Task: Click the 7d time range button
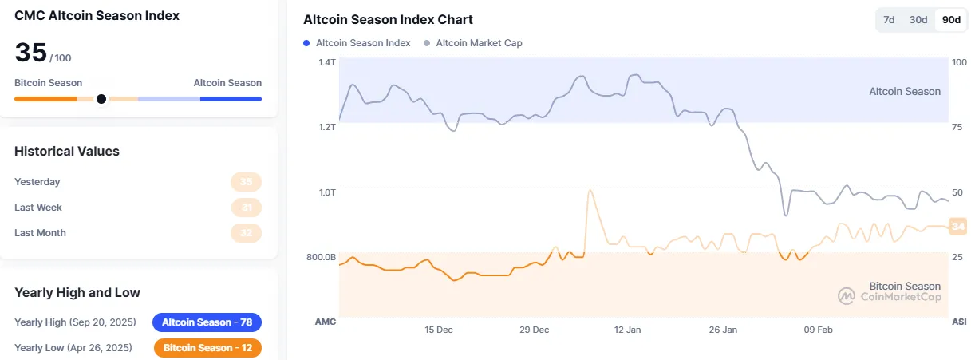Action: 888,20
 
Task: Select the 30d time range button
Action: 919,20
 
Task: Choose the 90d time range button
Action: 951,20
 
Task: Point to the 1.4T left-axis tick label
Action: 326,62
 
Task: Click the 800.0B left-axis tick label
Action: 322,257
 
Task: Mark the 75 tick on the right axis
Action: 957,127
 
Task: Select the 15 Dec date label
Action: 439,329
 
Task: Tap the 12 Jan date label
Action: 628,329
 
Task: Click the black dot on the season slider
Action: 101,99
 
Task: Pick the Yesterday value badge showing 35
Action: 246,182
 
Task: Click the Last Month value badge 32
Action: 246,233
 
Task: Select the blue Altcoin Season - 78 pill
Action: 207,322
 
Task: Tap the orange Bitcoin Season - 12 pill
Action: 207,348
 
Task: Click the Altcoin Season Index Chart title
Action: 388,19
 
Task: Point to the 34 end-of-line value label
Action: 958,227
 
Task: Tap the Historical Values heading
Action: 67,151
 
